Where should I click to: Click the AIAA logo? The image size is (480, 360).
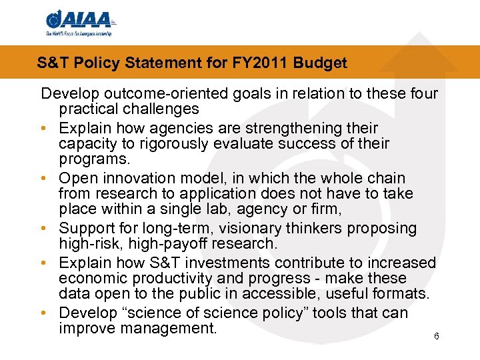click(x=79, y=22)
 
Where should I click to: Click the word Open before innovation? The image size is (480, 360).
click(x=77, y=178)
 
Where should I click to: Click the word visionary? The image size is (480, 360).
click(x=241, y=228)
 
